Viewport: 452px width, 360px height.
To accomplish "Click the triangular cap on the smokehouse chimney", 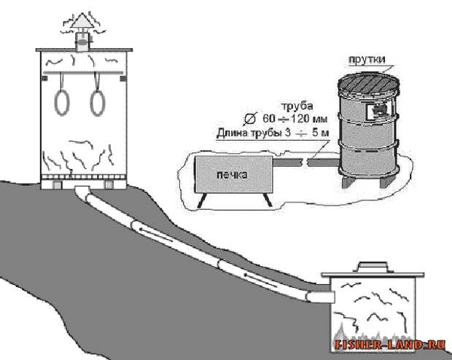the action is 82,22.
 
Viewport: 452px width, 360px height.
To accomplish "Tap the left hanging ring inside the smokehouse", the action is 55,102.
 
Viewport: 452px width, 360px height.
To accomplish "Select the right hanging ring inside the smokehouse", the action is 90,103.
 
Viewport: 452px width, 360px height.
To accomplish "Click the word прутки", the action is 367,59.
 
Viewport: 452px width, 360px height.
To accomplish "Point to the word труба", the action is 297,106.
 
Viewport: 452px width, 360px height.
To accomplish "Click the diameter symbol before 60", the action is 249,119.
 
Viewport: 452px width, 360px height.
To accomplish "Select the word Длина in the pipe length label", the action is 232,133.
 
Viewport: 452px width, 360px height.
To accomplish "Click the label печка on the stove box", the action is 232,175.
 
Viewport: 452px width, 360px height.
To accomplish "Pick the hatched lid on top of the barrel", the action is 369,83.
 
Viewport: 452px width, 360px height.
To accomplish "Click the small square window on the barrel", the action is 377,111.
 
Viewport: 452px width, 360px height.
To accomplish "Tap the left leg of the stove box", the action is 202,200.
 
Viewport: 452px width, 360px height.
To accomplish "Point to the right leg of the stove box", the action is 268,200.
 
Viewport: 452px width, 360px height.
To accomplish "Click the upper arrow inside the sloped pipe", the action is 155,234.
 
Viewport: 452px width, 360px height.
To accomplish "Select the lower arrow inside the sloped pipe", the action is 261,280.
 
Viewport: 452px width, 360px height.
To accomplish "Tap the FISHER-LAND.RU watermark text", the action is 389,345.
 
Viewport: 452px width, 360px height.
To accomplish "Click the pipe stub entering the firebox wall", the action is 320,297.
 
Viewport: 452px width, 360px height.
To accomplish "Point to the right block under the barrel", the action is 386,181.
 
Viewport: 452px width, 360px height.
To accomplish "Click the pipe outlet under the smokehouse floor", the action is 82,190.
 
